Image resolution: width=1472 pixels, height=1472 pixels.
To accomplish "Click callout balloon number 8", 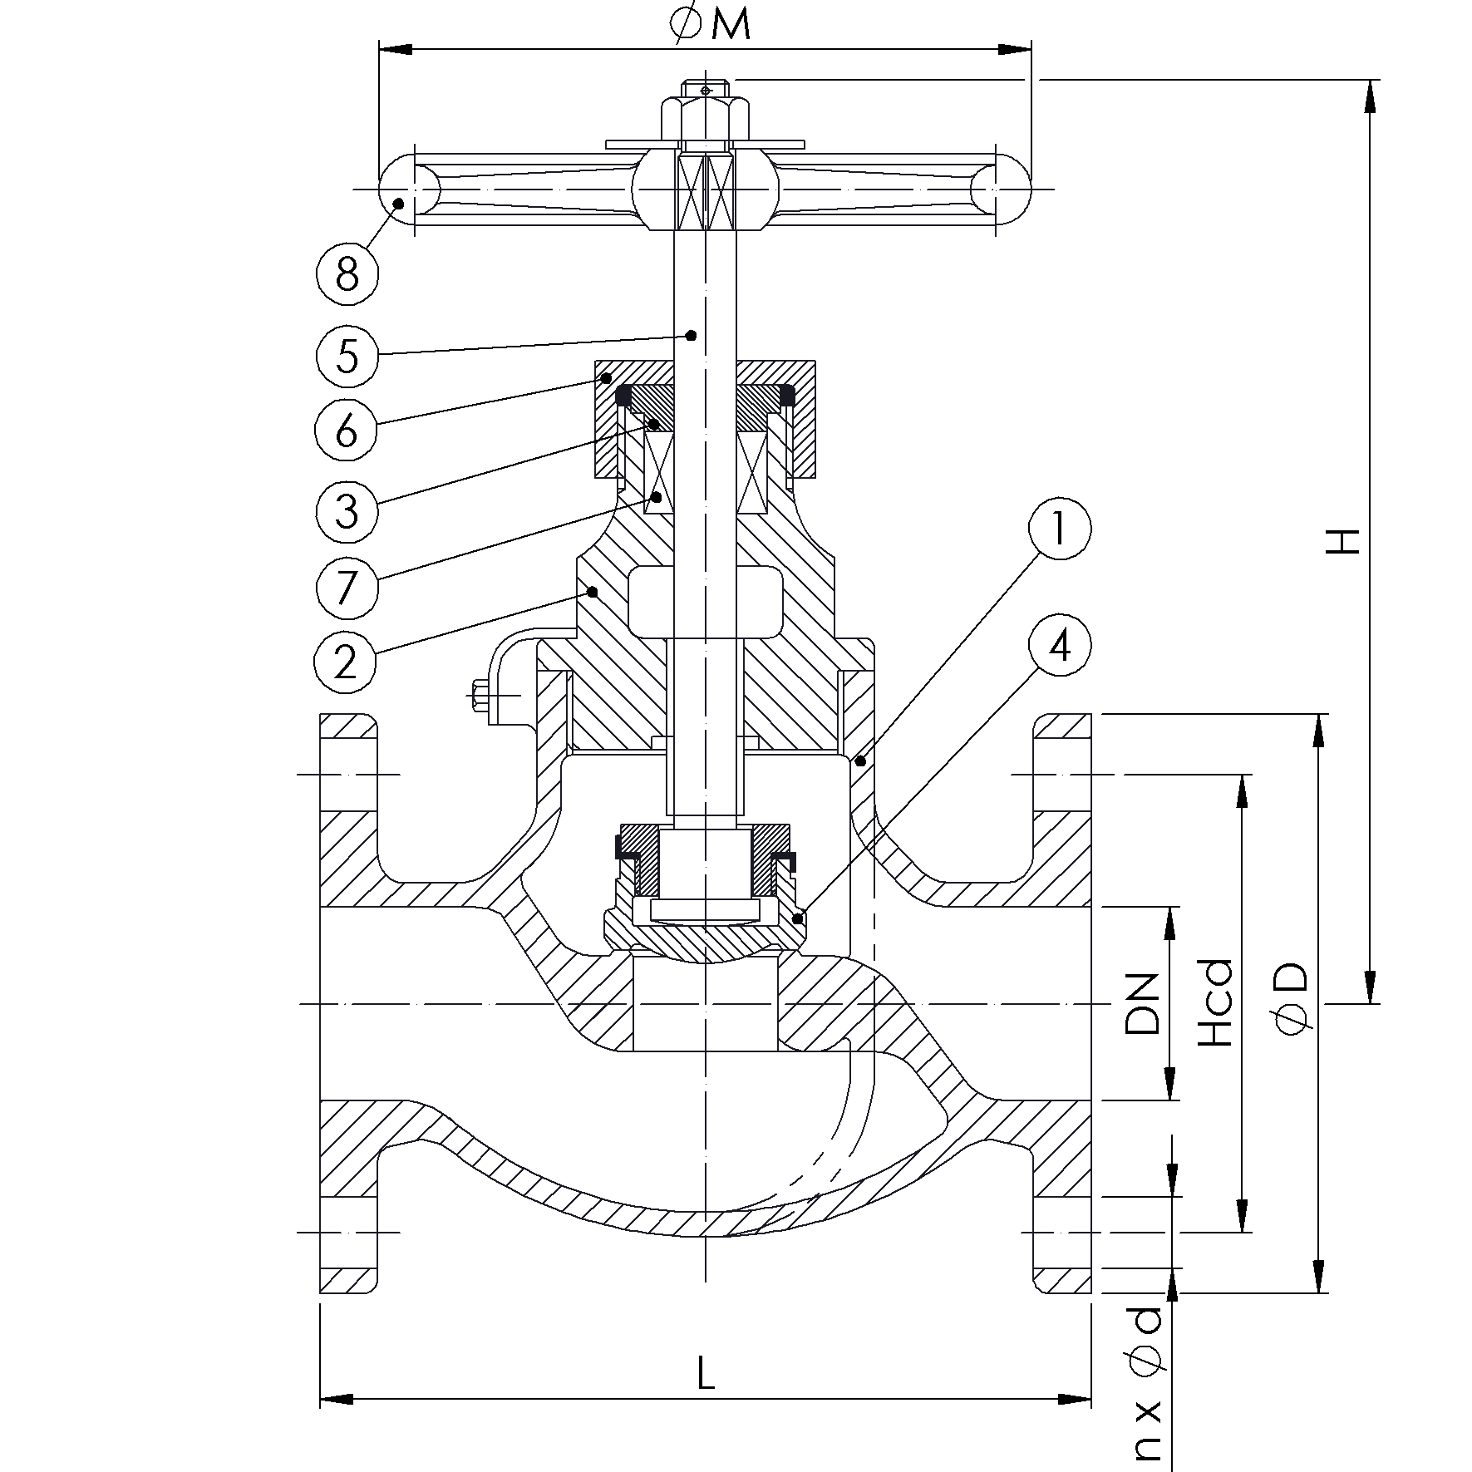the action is pos(347,273).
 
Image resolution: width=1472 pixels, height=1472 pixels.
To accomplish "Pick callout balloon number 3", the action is pos(347,510).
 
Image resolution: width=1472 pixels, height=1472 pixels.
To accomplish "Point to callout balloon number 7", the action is pos(347,588).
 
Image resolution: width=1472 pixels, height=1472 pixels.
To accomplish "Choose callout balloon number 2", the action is pos(346,662).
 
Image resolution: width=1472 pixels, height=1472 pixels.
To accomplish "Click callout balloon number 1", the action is pos(1059,529).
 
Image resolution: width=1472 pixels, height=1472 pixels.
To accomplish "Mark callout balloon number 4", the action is pos(1059,646).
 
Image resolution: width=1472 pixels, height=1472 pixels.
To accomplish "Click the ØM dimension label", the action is pos(710,25).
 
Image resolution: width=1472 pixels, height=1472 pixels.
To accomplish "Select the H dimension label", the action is pos(1342,542).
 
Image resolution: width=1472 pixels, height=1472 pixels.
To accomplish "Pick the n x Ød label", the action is pos(1146,1396).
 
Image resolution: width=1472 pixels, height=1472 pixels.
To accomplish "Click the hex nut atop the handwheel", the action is pos(705,117).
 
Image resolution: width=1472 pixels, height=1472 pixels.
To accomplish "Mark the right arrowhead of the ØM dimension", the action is pos(1014,50).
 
